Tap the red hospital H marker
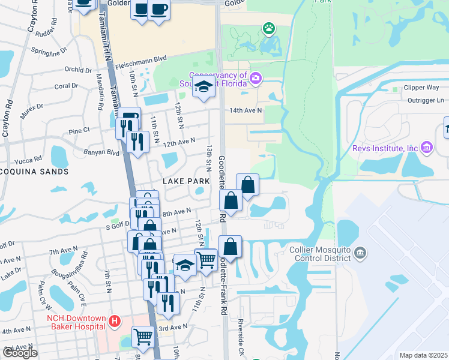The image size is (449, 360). click(x=115, y=325)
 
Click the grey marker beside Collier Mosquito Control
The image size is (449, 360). click(x=360, y=252)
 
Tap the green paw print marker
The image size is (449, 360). click(x=268, y=28)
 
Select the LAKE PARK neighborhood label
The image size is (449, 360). click(x=186, y=181)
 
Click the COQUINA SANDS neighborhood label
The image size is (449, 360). click(x=34, y=172)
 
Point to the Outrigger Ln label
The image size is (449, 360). click(x=423, y=100)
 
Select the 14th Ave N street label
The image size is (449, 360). click(x=246, y=110)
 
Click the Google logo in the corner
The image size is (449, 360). click(x=20, y=353)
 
